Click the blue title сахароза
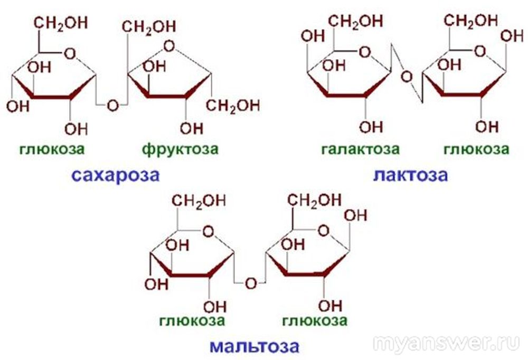[116, 175]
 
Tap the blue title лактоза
[410, 175]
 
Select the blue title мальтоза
[254, 346]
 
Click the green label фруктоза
[180, 148]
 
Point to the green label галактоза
[360, 149]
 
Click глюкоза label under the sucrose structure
[52, 149]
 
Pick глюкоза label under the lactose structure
[476, 149]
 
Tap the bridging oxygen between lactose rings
[407, 77]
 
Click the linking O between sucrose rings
[113, 106]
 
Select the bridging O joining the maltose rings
[251, 283]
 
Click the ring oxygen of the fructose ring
[169, 46]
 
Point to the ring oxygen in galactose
[365, 52]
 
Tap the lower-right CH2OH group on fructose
[233, 106]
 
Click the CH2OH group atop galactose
[355, 21]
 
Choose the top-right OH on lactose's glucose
[512, 36]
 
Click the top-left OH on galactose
[313, 36]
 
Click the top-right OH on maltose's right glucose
[355, 215]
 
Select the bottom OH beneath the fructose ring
[192, 128]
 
